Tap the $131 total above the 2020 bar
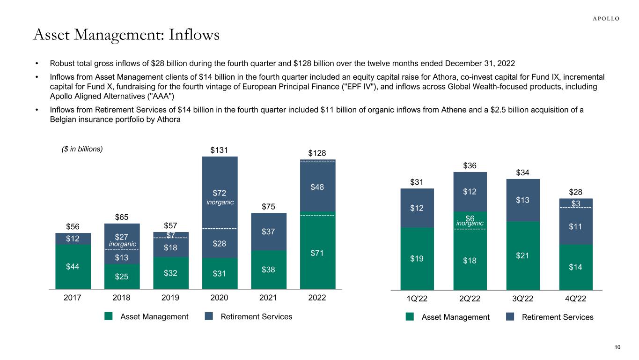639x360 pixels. (220, 150)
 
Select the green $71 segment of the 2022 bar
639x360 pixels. (318, 253)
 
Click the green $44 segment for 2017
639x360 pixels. (73, 267)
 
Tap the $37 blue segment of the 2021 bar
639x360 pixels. (269, 232)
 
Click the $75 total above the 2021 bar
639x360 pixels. (269, 207)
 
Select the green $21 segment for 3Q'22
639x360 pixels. (523, 255)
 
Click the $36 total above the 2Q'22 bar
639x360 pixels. (470, 165)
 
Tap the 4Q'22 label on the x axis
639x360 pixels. (576, 299)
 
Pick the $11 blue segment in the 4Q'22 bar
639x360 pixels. (576, 226)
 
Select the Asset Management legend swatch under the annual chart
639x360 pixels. (109, 316)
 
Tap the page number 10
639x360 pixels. (617, 347)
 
